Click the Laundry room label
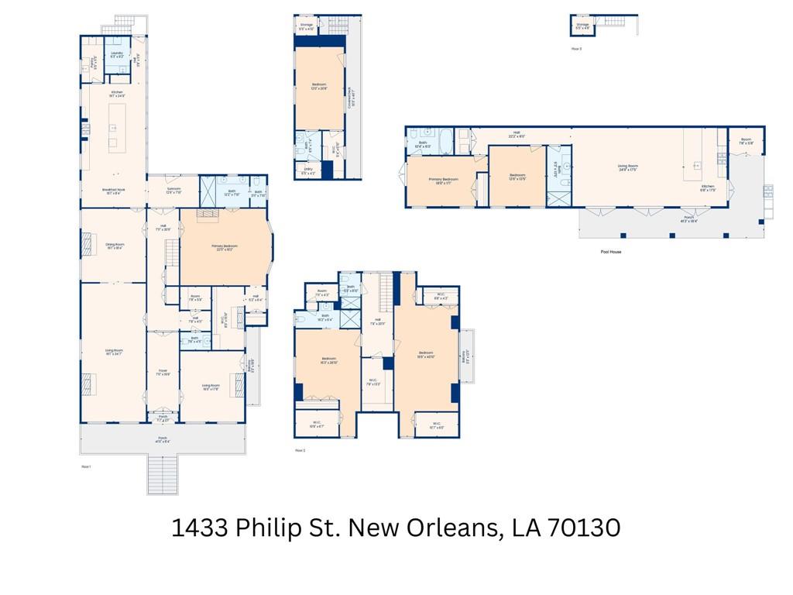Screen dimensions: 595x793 [117, 55]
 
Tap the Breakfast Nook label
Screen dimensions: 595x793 [115, 191]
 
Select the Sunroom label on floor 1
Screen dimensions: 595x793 [173, 191]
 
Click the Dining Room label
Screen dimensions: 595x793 [115, 246]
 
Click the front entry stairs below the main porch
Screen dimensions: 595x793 [163, 474]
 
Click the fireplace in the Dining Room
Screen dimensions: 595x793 [86, 246]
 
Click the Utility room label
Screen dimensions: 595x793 [307, 173]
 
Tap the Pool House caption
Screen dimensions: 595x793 [611, 252]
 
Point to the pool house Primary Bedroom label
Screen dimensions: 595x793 [443, 181]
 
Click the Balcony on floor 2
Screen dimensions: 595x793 [467, 356]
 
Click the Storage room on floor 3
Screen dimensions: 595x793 [582, 26]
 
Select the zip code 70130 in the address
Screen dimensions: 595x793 [584, 528]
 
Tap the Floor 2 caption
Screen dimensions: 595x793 [300, 450]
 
